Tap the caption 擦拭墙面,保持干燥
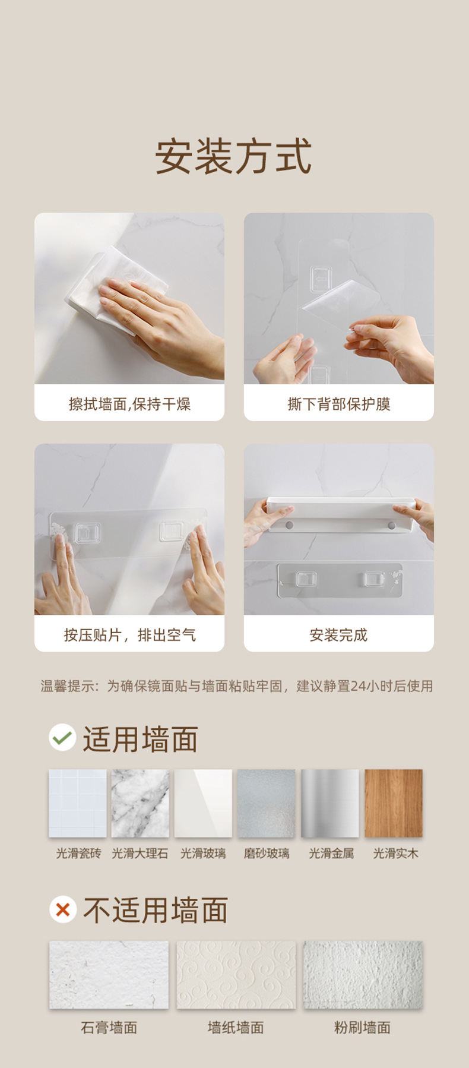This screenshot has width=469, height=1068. pos(129,405)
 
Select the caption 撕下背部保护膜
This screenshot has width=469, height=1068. pos(338,405)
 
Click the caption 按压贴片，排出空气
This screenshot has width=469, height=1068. pos(129,635)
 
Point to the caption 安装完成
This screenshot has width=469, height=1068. pos(338,635)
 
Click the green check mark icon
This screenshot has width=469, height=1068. pos(62,738)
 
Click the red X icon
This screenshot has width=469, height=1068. pos(62,909)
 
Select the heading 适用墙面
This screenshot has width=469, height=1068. pos(140,740)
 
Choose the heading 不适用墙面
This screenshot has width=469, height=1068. pos(156,911)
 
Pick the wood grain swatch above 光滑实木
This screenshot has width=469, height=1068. pos(394,803)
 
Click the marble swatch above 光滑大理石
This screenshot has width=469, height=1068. pos(140,803)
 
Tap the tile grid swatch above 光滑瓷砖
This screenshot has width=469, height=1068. pos(78,803)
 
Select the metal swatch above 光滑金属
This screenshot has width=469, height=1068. pos(330,803)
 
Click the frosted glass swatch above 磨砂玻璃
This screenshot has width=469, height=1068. pos(266,803)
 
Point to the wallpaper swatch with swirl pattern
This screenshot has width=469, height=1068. pos(236,975)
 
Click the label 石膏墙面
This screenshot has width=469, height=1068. pos(109,1028)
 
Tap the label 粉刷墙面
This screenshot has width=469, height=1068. pos(362,1028)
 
